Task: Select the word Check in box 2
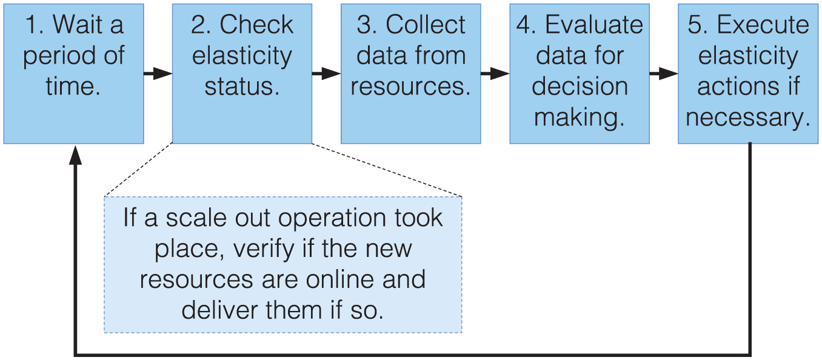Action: (x=256, y=25)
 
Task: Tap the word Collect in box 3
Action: (x=426, y=25)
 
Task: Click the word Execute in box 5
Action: (x=763, y=25)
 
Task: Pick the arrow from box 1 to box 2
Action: (x=158, y=73)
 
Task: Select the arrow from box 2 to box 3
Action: (x=326, y=73)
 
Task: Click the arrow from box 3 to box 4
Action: (x=495, y=73)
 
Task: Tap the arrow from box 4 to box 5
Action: (x=663, y=73)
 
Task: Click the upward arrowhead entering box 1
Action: (x=75, y=155)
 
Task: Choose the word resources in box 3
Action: (x=410, y=87)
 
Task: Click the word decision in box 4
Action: (x=580, y=87)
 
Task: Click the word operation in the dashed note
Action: (x=332, y=219)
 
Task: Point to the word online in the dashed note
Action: (x=340, y=279)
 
